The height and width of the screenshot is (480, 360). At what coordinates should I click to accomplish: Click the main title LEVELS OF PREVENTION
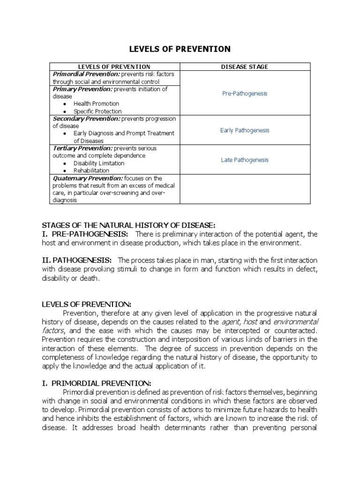click(180, 49)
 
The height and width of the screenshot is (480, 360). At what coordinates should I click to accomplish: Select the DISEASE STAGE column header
click(244, 67)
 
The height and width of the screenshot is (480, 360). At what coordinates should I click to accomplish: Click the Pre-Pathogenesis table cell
click(244, 93)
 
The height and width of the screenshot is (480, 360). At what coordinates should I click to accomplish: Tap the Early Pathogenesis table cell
click(244, 130)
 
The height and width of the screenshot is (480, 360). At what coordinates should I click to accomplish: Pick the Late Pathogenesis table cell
click(244, 160)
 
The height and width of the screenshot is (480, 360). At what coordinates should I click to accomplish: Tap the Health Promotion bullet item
click(96, 104)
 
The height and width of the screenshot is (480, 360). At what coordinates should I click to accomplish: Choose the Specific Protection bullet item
click(97, 112)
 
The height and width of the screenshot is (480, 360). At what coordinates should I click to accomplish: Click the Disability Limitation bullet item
click(98, 163)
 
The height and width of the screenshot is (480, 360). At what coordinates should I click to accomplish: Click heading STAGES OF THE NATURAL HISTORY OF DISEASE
click(128, 225)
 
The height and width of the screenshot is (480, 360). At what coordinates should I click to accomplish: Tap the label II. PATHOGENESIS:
click(76, 260)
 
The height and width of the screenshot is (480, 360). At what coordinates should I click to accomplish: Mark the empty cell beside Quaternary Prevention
click(244, 189)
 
